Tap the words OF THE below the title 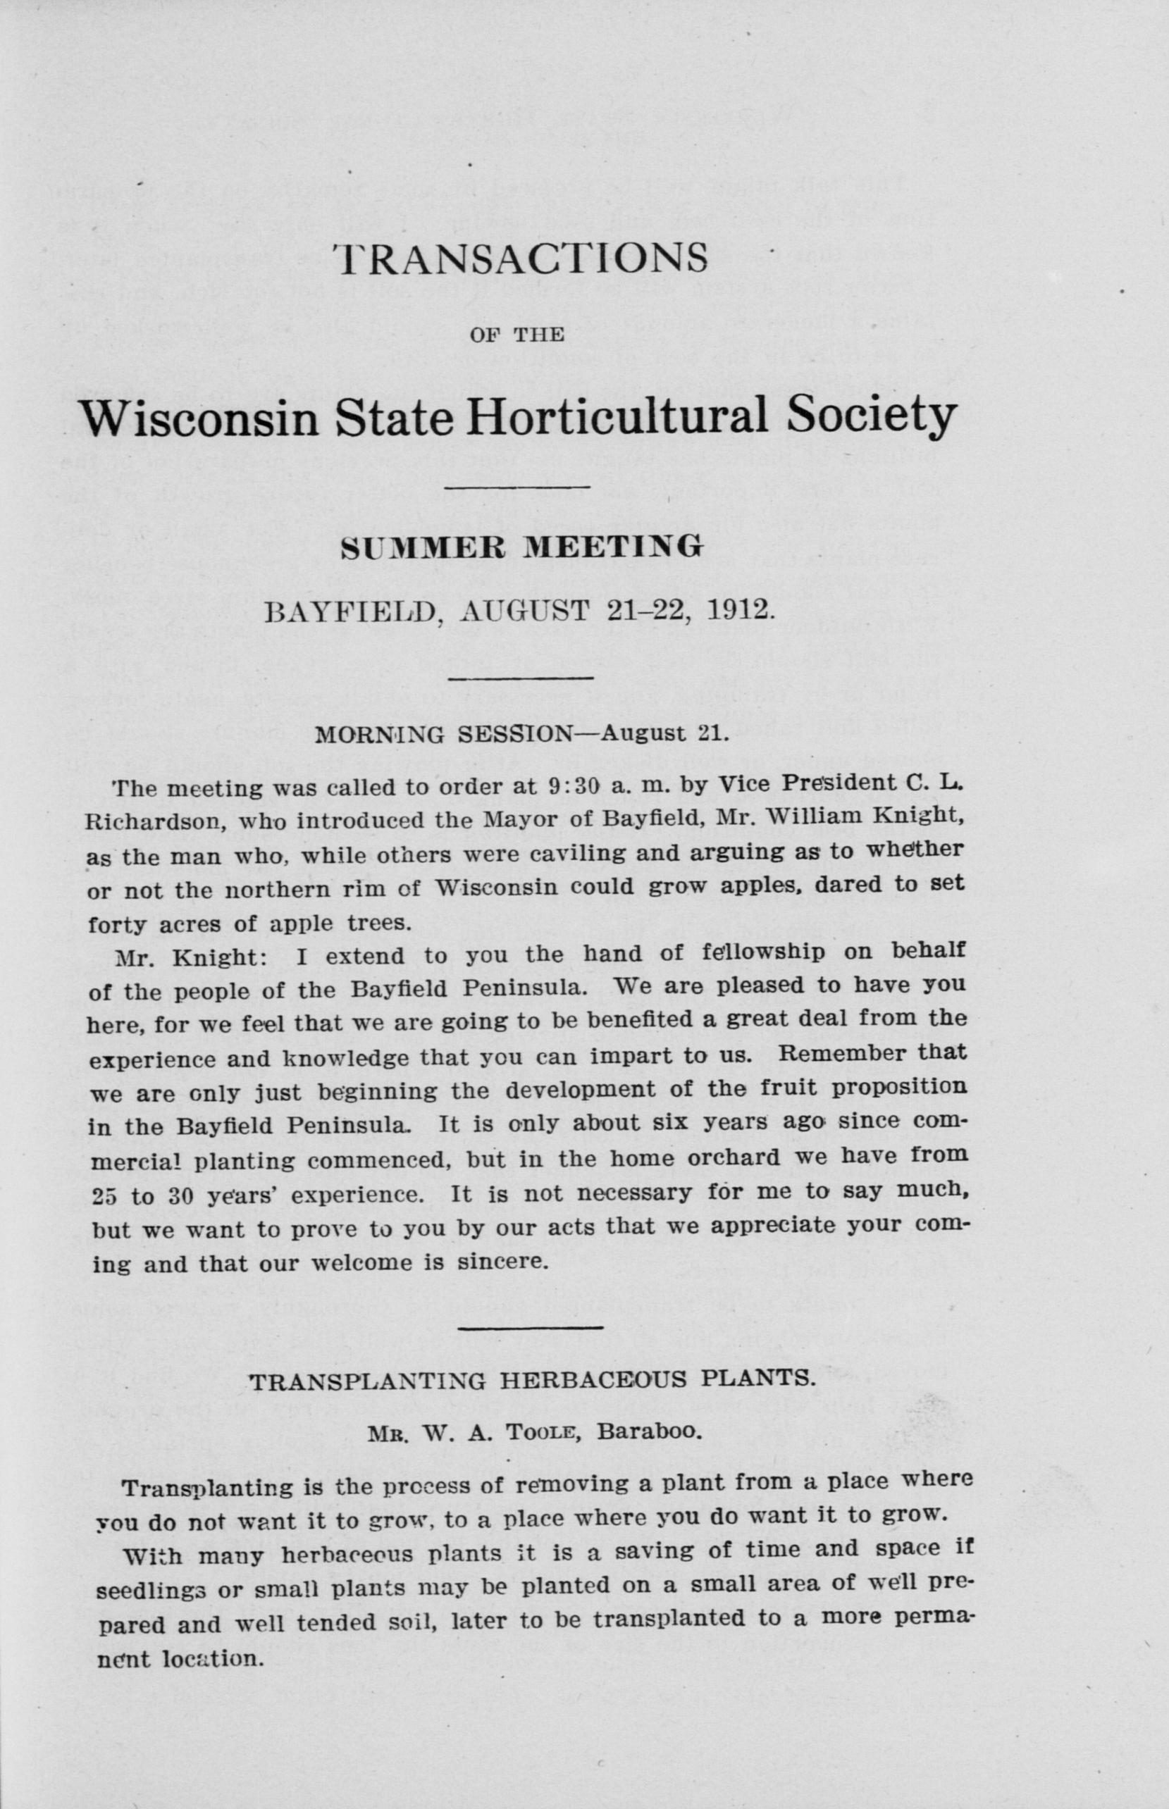(x=517, y=335)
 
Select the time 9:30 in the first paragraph (x=579, y=787)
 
